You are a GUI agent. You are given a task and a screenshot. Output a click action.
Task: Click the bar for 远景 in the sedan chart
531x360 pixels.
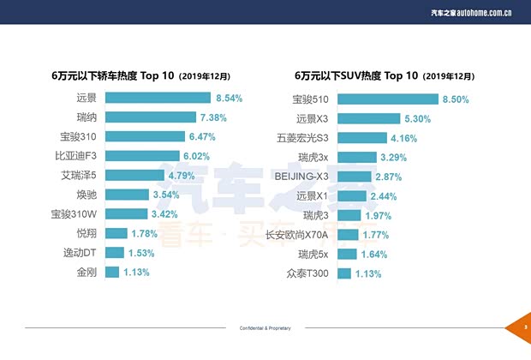158,99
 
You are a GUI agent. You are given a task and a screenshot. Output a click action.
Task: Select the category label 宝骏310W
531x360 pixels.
74,213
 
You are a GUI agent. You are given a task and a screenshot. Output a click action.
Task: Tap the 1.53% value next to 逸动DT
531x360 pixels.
141,253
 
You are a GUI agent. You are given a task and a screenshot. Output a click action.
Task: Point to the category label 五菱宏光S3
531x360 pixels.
302,137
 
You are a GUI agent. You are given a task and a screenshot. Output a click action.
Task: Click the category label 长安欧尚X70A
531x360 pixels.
297,234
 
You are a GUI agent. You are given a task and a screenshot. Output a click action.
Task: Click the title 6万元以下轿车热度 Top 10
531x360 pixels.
140,75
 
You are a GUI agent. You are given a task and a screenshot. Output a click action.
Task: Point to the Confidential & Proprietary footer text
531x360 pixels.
265,328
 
